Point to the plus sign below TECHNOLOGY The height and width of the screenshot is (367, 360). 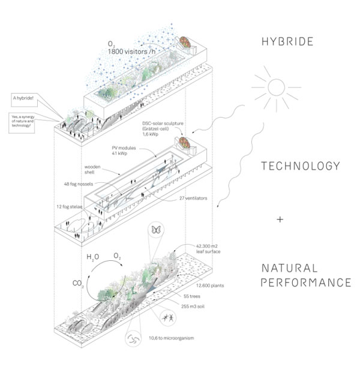tap(280, 219)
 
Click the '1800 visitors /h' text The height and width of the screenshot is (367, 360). tap(135, 53)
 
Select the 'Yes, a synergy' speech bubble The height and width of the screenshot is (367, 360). tap(25, 121)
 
